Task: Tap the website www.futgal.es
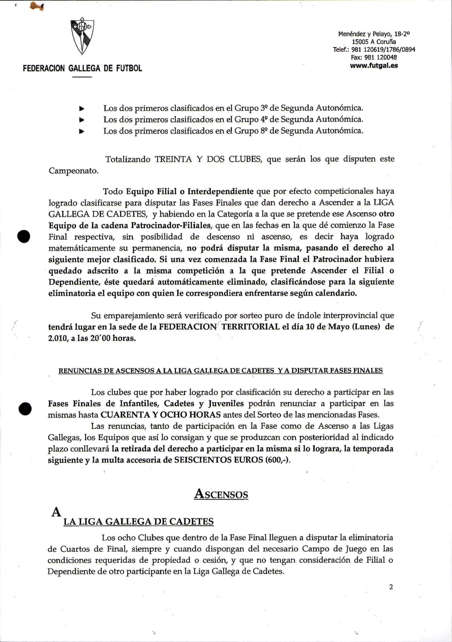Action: (x=374, y=66)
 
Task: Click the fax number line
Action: (x=374, y=58)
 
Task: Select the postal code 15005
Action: (x=360, y=42)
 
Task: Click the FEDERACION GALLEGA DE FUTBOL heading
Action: (x=82, y=68)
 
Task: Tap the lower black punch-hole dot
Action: (x=25, y=409)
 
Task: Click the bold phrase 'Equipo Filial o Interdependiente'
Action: (x=190, y=191)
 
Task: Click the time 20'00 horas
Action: (x=111, y=338)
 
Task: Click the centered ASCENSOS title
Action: (x=221, y=494)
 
